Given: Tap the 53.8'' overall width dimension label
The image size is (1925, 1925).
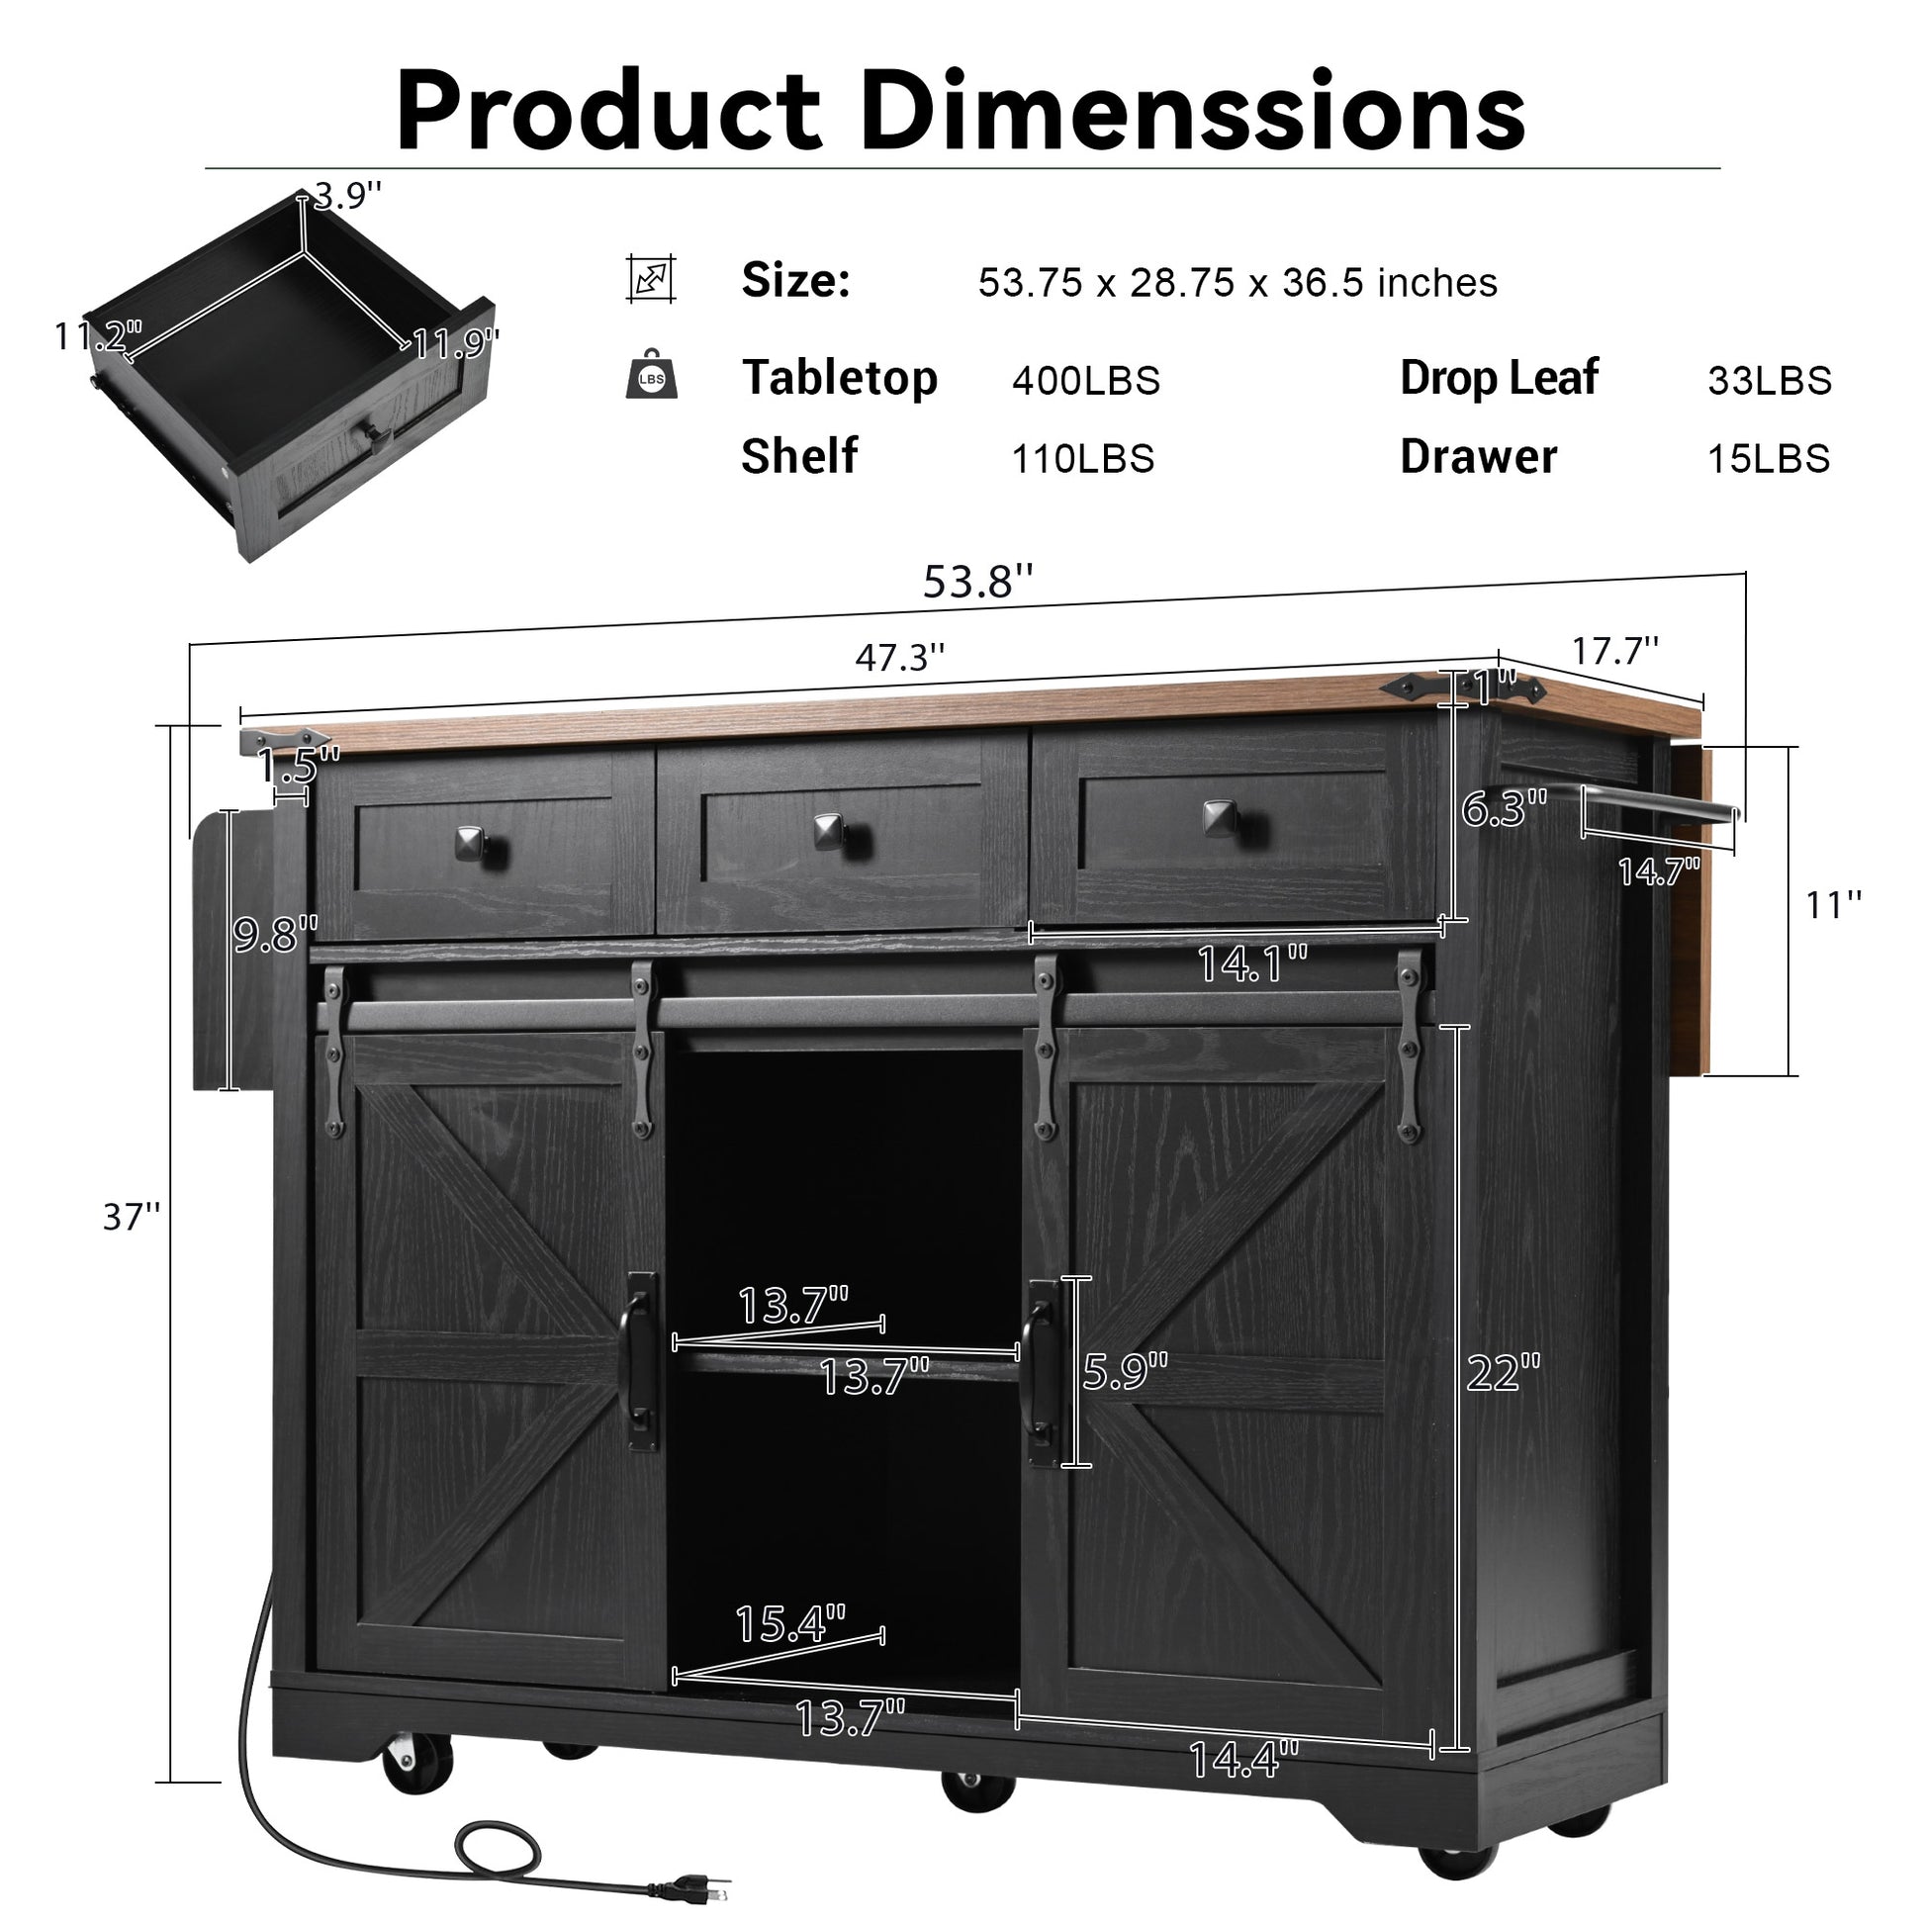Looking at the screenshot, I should (977, 582).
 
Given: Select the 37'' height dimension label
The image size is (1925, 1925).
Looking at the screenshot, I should (132, 1217).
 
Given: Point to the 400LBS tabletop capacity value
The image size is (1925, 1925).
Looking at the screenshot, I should (1086, 381).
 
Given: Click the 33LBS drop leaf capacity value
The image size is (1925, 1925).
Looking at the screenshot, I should (1770, 381).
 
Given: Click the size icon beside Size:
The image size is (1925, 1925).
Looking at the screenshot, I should (652, 278).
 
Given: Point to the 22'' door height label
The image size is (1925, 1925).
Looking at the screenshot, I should (1504, 1373).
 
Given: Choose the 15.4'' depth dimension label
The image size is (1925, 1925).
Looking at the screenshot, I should (790, 1624).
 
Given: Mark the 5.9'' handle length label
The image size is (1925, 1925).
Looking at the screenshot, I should (1125, 1372).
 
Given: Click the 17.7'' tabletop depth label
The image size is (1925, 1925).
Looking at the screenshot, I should (1615, 651).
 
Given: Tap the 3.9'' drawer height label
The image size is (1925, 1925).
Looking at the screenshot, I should (348, 196).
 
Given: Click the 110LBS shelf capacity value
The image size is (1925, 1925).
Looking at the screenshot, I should (1083, 459).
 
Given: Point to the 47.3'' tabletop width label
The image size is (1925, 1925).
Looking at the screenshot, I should (900, 658).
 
